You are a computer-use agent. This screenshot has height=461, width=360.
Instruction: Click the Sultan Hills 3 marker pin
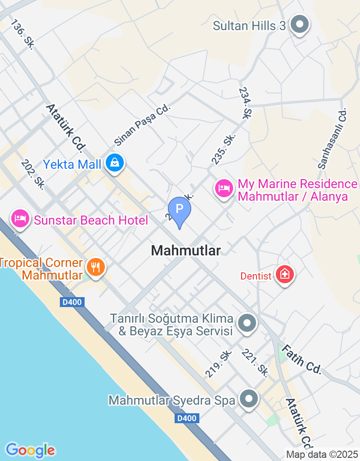(299, 24)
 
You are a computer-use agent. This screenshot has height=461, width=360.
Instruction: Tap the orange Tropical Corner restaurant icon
(95, 267)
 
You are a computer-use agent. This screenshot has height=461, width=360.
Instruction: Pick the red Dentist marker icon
(284, 274)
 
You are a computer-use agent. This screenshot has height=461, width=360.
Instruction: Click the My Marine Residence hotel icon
(224, 188)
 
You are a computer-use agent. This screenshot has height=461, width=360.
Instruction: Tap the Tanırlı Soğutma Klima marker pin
(247, 323)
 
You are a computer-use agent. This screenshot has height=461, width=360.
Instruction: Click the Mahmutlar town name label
(186, 251)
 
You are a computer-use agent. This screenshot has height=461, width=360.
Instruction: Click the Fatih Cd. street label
(301, 359)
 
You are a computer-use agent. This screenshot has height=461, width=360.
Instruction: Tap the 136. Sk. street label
(23, 34)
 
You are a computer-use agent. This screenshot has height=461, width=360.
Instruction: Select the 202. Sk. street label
(33, 174)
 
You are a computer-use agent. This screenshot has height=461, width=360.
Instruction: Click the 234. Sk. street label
(244, 103)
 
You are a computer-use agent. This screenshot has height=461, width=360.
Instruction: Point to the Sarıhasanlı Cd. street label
(333, 138)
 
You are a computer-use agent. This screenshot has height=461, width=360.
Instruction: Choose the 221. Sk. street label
(255, 363)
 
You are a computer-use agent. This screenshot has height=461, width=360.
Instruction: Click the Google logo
(30, 450)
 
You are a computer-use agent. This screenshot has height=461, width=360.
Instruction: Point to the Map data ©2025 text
(322, 454)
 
